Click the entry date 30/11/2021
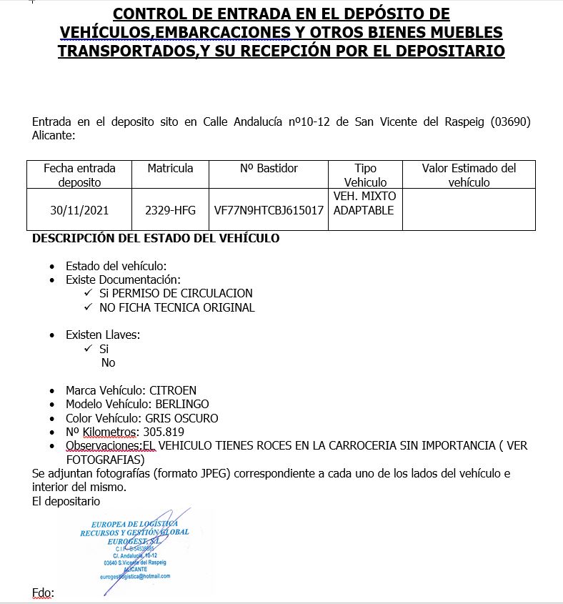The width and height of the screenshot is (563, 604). point(79,211)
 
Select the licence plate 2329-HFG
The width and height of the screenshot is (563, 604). point(170,211)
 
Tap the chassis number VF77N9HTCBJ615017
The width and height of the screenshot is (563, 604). point(269,211)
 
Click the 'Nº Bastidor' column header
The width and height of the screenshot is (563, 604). point(269,169)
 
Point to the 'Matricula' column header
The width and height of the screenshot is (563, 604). point(170,169)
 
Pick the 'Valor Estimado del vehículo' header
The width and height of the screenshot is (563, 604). point(469,175)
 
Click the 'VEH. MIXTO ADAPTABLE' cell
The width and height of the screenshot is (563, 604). point(364,203)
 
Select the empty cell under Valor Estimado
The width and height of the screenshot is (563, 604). point(469,209)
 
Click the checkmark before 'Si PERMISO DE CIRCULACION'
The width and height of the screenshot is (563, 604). point(88,293)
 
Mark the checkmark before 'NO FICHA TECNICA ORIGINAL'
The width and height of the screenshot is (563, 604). point(88,307)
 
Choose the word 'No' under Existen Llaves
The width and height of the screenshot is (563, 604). point(108,362)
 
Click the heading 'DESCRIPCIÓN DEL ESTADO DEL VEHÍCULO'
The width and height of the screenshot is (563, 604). point(156,238)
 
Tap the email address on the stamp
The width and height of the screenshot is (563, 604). point(135,576)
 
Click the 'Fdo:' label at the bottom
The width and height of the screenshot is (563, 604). point(43,593)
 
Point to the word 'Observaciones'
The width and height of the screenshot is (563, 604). point(103,445)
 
